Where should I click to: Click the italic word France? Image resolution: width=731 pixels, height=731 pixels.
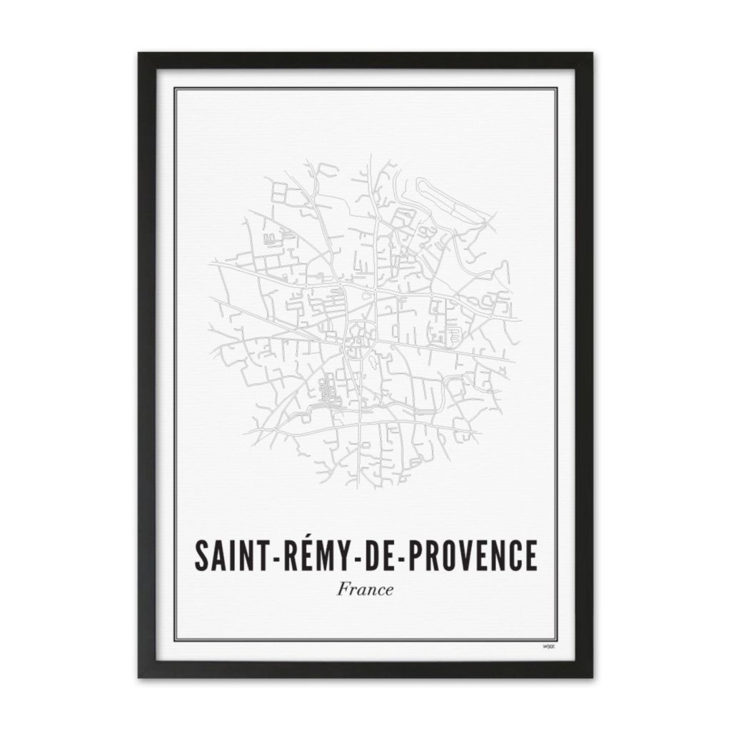pos(365,590)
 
